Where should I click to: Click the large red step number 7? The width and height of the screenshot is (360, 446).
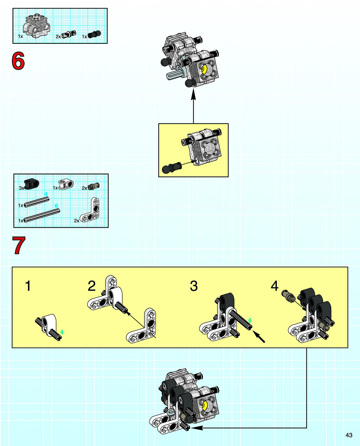pos(19,245)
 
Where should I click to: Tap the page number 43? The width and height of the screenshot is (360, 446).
pos(349,435)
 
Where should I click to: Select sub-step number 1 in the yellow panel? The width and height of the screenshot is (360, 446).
pos(28,286)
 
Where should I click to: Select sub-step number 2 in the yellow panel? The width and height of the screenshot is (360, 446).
pos(92,286)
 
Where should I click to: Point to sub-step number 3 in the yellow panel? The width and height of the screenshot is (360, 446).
pos(194,286)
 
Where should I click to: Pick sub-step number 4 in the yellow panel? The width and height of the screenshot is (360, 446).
pos(275,286)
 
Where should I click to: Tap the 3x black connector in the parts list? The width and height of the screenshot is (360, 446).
pos(31,184)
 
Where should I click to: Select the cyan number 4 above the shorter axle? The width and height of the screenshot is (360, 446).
pos(46,194)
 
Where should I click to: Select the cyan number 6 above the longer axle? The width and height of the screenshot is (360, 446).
pos(56,206)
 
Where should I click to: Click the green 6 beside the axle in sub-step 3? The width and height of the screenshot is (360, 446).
pos(250,320)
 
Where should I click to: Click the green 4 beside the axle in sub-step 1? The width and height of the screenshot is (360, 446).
pos(62,332)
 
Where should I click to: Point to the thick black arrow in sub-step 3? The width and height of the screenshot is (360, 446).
pos(259,336)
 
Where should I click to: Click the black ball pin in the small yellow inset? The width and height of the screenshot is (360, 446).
pos(171,167)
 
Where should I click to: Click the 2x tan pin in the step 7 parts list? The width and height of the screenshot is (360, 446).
pos(93,186)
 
